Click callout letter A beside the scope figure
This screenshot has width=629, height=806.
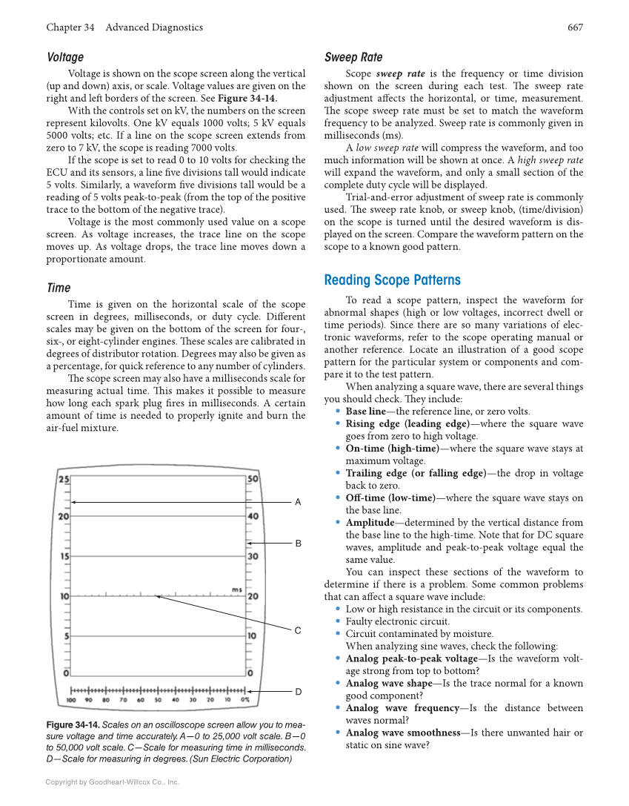tap(298, 503)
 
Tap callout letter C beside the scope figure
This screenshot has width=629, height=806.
tap(298, 631)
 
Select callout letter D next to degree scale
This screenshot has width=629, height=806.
tap(298, 692)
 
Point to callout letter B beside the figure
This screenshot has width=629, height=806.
tap(298, 544)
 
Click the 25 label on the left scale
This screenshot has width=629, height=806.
tap(64, 480)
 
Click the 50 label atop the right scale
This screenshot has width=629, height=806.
tap(253, 480)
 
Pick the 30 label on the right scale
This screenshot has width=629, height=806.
tap(253, 556)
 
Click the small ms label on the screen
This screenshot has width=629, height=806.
tap(236, 589)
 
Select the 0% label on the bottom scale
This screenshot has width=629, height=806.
tap(244, 699)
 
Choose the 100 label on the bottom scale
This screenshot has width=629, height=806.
tap(71, 699)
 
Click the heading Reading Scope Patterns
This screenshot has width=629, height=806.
tap(392, 280)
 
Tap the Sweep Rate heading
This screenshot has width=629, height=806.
tap(353, 57)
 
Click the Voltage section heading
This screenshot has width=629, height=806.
tap(65, 57)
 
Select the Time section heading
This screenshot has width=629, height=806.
tap(59, 288)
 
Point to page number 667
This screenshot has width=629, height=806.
tap(575, 27)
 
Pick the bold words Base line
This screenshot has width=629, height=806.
tap(365, 412)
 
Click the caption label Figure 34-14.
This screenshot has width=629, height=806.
tap(73, 724)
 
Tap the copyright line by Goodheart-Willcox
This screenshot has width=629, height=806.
tap(112, 782)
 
